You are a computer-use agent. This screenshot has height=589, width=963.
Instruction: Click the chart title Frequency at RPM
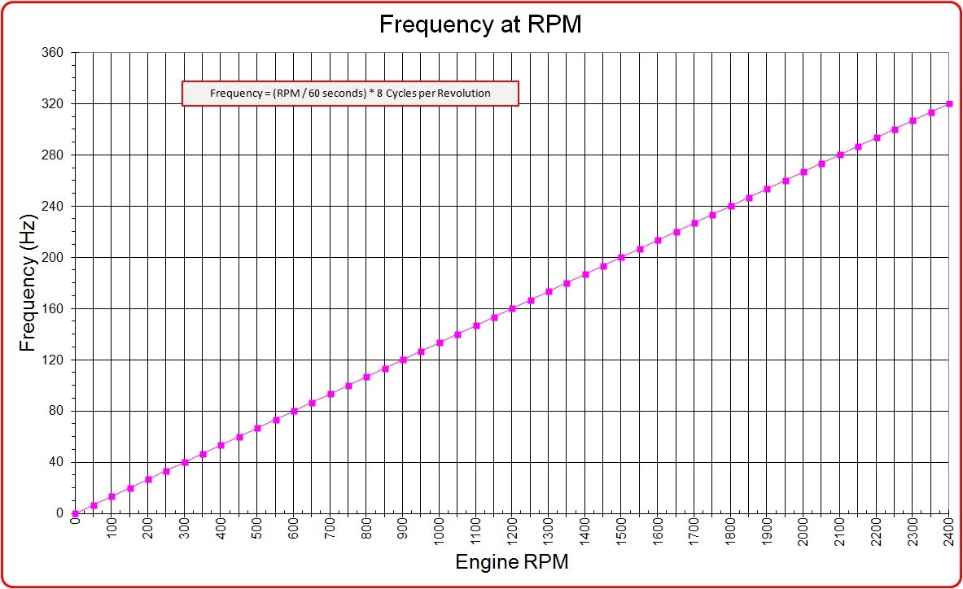pyautogui.click(x=480, y=25)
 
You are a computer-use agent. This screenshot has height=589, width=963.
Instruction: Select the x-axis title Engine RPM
pyautogui.click(x=511, y=562)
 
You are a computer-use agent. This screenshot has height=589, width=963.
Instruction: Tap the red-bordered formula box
pyautogui.click(x=350, y=94)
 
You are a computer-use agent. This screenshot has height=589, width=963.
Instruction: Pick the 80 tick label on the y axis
pyautogui.click(x=63, y=411)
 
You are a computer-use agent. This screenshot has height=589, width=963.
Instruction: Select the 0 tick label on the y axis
pyautogui.click(x=66, y=513)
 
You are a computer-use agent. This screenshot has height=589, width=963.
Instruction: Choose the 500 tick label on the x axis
pyautogui.click(x=257, y=533)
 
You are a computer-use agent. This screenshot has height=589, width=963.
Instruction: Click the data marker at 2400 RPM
pyautogui.click(x=949, y=104)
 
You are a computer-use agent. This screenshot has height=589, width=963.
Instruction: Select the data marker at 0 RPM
pyautogui.click(x=75, y=513)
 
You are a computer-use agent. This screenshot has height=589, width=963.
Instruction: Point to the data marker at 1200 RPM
pyautogui.click(x=512, y=308)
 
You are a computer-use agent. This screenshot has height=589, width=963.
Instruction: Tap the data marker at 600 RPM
pyautogui.click(x=294, y=411)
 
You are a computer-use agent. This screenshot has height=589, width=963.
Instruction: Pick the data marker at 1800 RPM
pyautogui.click(x=731, y=206)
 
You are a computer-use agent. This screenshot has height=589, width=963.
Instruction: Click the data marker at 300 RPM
pyautogui.click(x=185, y=462)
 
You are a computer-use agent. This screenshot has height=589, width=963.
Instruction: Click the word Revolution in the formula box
pyautogui.click(x=464, y=94)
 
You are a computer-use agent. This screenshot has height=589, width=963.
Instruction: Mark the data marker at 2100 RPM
pyautogui.click(x=840, y=155)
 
